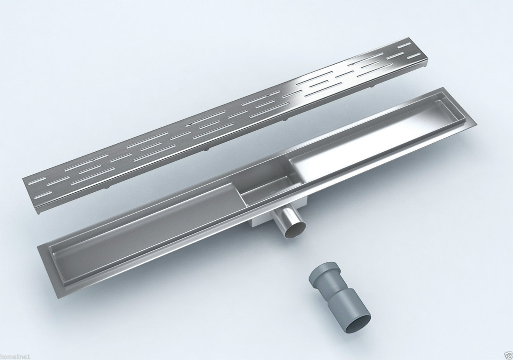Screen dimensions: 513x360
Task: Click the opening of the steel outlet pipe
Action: [x=296, y=229]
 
